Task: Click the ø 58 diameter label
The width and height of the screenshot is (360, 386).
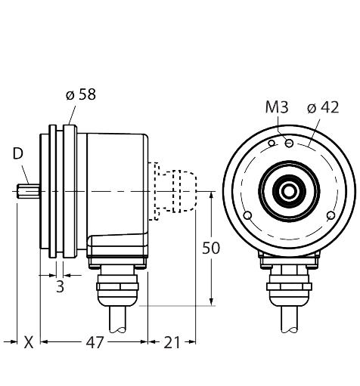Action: (x=81, y=95)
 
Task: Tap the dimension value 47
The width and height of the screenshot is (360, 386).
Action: (x=94, y=342)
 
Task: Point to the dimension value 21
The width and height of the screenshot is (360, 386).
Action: (x=172, y=342)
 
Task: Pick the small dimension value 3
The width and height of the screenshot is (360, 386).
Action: (x=60, y=287)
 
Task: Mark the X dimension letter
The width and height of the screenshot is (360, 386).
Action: (x=28, y=342)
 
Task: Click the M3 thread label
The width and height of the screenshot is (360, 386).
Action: (x=278, y=108)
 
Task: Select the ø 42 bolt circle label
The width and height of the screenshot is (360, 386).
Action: (x=323, y=108)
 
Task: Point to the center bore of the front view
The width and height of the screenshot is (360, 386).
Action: (x=288, y=192)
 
